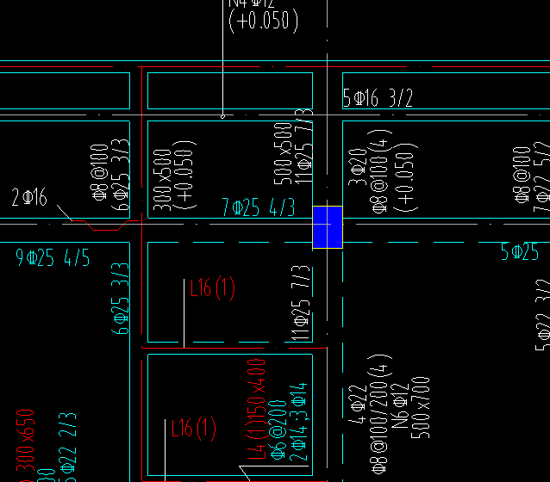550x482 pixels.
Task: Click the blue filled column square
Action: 328,227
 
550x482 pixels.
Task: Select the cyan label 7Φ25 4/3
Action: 258,207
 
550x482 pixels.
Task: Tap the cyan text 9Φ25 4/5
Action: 53,256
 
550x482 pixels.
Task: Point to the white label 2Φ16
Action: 28,197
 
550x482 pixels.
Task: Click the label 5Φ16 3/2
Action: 378,98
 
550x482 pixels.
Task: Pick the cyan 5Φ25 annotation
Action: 520,252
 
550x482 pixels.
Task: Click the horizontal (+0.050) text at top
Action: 263,21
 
